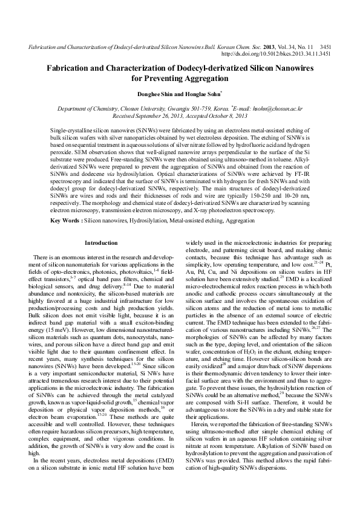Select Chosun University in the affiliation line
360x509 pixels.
142,109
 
